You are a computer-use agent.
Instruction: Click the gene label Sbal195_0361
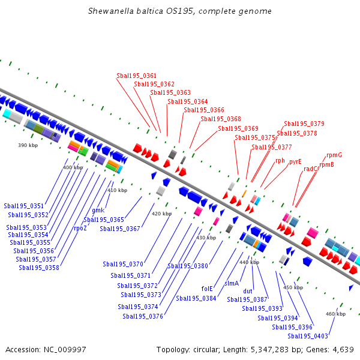click(x=136, y=76)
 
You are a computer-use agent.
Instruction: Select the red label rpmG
click(x=334, y=155)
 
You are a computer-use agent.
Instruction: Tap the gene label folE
click(x=208, y=288)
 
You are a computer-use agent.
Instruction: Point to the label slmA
click(x=232, y=283)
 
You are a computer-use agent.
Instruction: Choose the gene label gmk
click(x=98, y=211)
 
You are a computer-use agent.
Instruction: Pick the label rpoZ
click(x=80, y=229)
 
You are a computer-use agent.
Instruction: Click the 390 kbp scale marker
click(x=28, y=146)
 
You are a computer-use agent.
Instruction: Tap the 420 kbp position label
click(x=161, y=214)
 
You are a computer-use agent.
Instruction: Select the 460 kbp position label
click(x=335, y=314)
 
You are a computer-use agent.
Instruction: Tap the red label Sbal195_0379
click(x=304, y=124)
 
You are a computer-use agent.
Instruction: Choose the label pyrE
click(x=295, y=161)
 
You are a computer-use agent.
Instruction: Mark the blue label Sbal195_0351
click(x=23, y=206)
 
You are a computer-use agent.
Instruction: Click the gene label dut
click(x=248, y=291)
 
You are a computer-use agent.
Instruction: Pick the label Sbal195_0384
click(x=196, y=298)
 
